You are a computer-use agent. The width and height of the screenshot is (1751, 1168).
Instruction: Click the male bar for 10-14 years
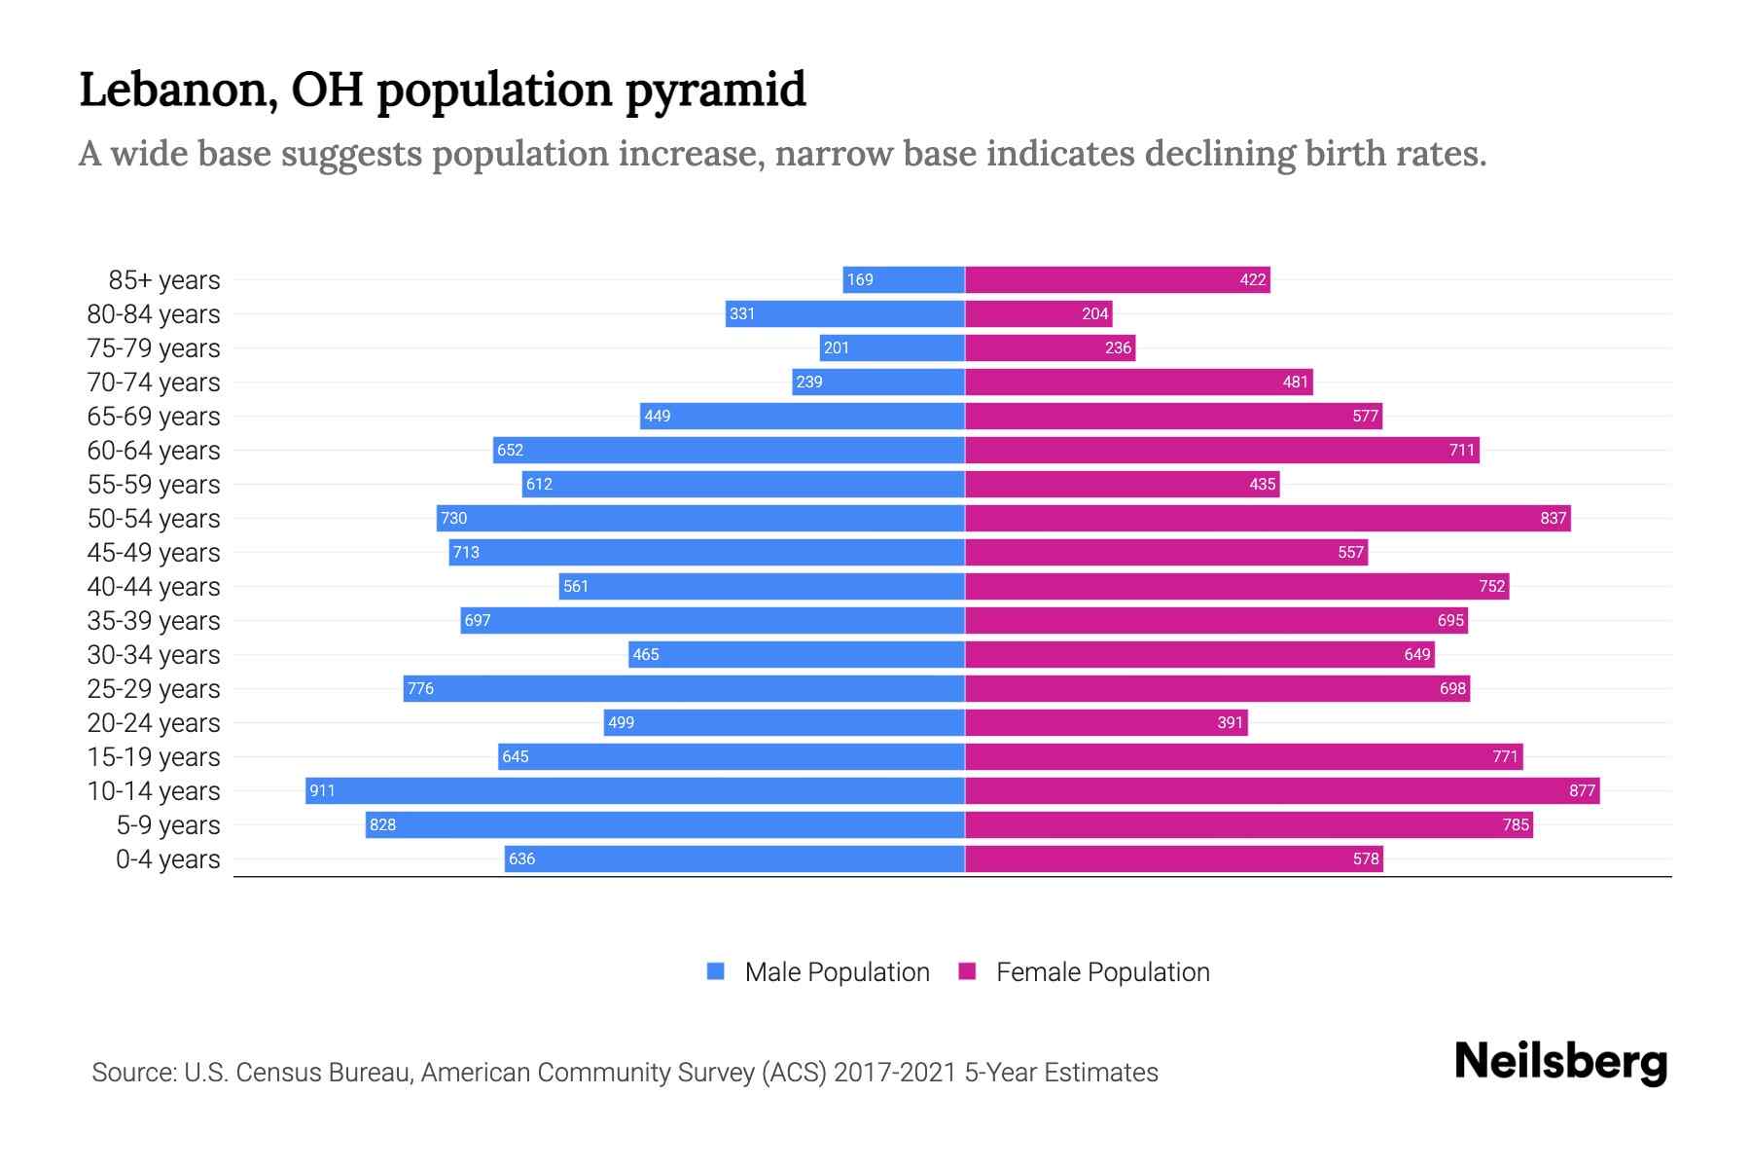coord(634,790)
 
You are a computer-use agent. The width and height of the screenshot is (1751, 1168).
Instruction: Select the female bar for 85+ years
coord(1117,280)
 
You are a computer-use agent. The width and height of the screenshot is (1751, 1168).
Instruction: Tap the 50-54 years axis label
coord(154,519)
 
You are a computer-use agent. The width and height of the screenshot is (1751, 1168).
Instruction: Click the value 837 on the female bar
coord(1553,519)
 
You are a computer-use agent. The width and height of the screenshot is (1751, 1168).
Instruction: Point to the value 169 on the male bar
coord(860,280)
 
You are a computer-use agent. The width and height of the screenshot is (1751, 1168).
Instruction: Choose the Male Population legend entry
coord(837,972)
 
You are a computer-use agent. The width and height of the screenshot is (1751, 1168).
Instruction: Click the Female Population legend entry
coord(1102,972)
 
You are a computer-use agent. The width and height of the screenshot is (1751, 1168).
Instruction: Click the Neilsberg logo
coord(1560,1062)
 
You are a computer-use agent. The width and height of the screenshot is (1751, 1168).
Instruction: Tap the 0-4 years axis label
coord(167,859)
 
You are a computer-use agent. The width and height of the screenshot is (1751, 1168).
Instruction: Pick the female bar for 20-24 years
coord(1105,723)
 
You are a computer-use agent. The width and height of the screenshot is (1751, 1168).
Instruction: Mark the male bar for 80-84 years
coord(844,314)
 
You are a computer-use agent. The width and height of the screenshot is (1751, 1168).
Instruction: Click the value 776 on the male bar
coord(420,689)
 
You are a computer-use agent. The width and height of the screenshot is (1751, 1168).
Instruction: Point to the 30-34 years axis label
coord(154,655)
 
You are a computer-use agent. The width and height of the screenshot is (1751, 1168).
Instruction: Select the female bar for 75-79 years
coord(1050,348)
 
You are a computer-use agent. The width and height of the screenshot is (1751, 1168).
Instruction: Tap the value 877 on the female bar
coord(1582,791)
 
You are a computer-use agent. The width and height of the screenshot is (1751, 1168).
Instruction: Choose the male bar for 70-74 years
coord(877,383)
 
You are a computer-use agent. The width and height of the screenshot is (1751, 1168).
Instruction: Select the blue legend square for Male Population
coord(716,971)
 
